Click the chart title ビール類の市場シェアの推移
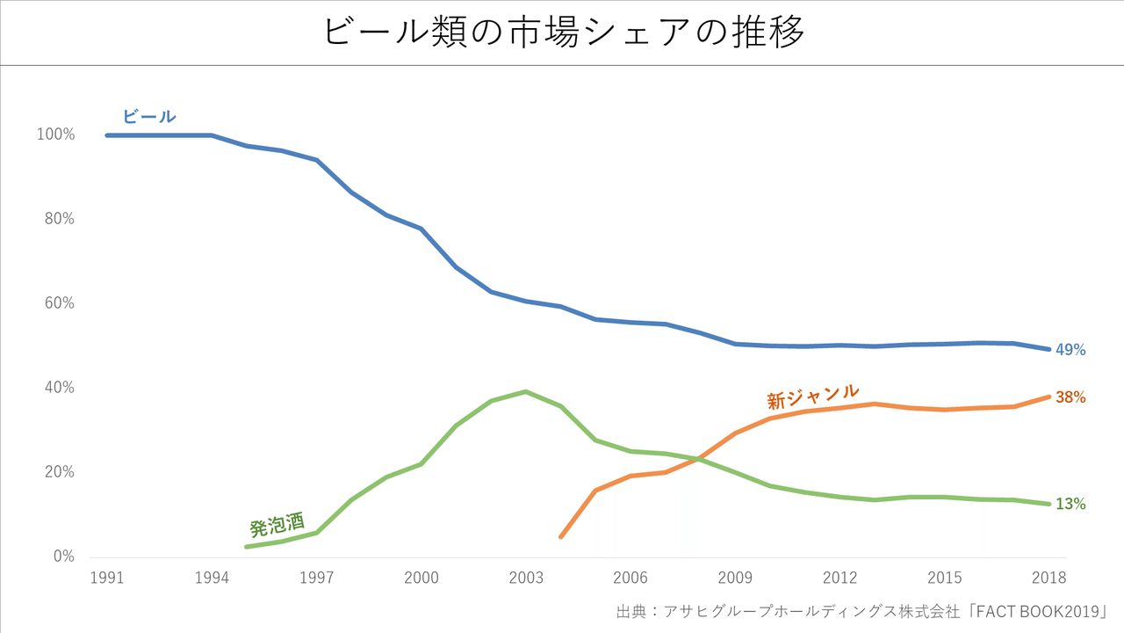[x=563, y=33]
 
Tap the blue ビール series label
[x=149, y=116]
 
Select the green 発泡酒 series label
[x=277, y=525]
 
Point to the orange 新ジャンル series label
[x=812, y=397]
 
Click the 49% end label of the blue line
[x=1070, y=350]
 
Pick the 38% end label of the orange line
[x=1070, y=397]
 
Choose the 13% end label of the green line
[x=1070, y=504]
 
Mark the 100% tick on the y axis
[x=55, y=135]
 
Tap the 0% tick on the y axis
[x=64, y=557]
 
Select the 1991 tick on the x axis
[x=107, y=578]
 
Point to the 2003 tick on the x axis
[x=526, y=578]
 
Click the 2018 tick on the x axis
[x=1049, y=578]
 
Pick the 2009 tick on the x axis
[x=735, y=578]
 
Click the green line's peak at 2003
[x=526, y=391]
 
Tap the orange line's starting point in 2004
[x=561, y=536]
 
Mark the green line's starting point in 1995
[x=247, y=547]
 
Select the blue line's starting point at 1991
[x=107, y=135]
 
